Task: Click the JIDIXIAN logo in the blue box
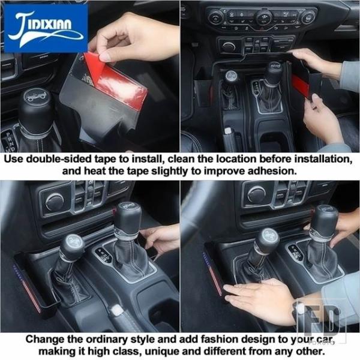(x=46, y=28)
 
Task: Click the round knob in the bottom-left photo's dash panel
(x=55, y=202)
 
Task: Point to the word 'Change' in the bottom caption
(x=45, y=340)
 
